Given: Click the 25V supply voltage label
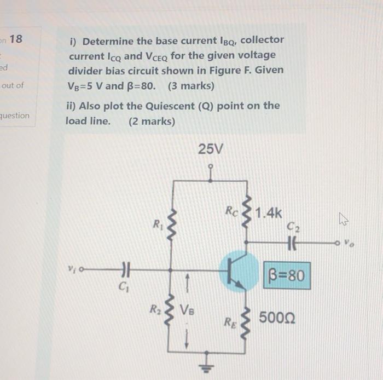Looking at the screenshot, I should coord(211,148).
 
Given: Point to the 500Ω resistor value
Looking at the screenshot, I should coord(277,318).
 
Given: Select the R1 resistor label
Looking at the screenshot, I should coord(158,223).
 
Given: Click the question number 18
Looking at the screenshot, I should coord(16,39).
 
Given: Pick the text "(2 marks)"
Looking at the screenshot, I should coord(152,121).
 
